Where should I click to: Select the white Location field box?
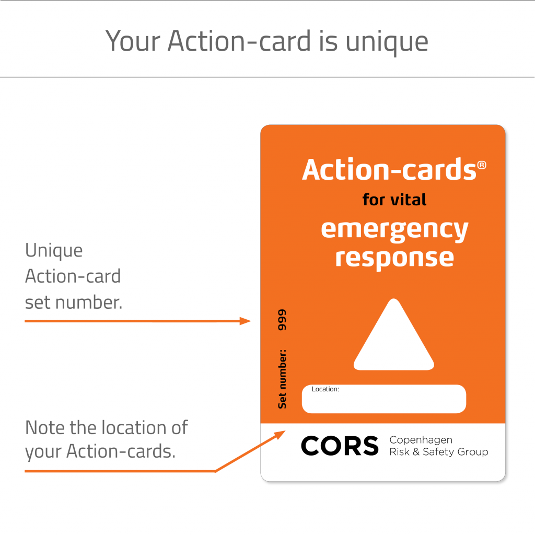click(x=384, y=400)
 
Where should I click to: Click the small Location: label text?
click(x=325, y=389)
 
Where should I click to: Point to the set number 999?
click(x=282, y=320)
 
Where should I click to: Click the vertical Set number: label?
click(x=282, y=379)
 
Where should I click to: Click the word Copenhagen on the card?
click(x=421, y=440)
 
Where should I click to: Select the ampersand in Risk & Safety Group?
click(x=416, y=452)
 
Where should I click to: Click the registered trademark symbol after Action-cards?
click(x=481, y=165)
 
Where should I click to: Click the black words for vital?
click(x=394, y=199)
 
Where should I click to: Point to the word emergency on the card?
click(x=394, y=230)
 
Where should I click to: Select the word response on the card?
click(x=394, y=258)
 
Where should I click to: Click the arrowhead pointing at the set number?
click(x=246, y=321)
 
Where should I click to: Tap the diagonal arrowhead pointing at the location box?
click(x=281, y=434)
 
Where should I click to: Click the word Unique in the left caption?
click(x=54, y=251)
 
